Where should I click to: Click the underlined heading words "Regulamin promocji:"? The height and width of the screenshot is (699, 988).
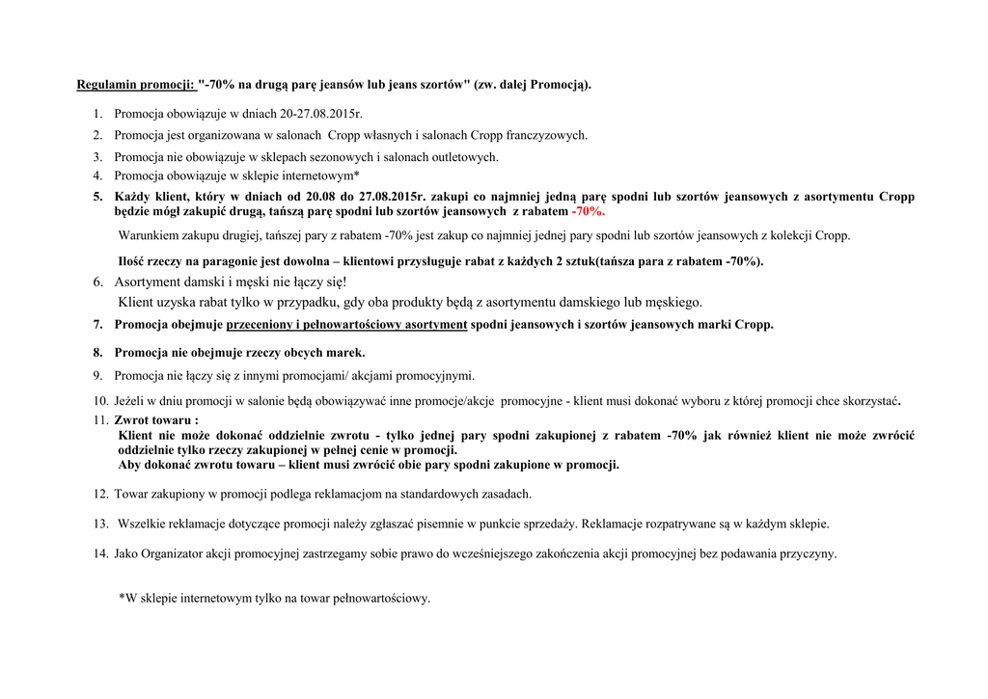point(137,85)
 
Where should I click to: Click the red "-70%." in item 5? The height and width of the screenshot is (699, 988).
point(588,210)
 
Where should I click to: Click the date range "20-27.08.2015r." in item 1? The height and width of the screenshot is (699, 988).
point(310,114)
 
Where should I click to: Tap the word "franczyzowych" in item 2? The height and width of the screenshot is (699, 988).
point(543,135)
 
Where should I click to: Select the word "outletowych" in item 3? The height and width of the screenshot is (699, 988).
point(463,156)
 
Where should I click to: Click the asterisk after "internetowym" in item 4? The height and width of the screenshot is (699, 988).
point(357,175)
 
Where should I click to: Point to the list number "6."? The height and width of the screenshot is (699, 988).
point(98,282)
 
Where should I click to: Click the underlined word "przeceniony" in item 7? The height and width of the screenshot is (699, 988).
point(261,325)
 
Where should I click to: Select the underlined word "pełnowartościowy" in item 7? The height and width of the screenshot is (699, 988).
point(357,325)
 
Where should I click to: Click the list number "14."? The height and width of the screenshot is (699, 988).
point(100,554)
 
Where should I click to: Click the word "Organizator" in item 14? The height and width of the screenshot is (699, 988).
point(174,554)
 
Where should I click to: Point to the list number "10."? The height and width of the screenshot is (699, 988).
point(100,400)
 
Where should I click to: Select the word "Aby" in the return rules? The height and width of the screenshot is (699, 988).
point(129,465)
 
